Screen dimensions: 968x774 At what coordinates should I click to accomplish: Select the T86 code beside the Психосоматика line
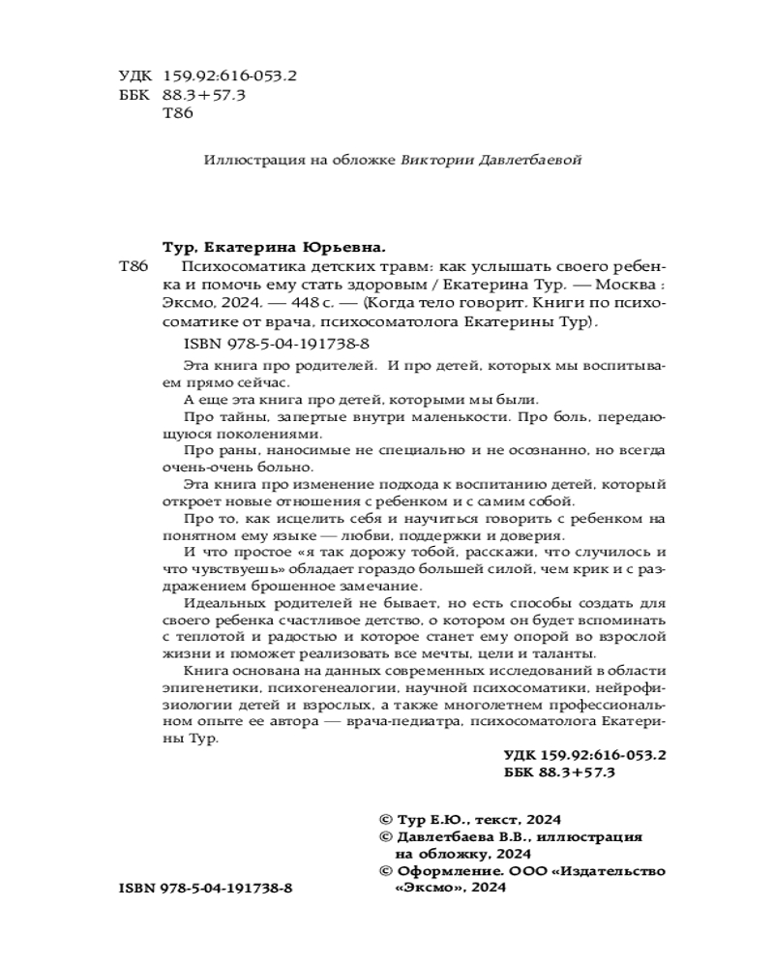pyautogui.click(x=132, y=266)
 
